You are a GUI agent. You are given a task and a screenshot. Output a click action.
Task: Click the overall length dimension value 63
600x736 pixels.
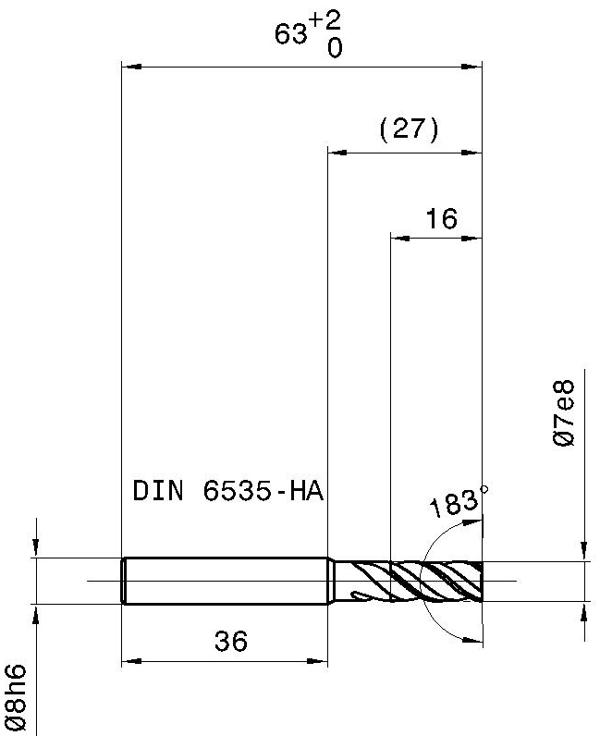[x=290, y=34]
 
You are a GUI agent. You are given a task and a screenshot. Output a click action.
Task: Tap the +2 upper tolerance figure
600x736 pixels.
[x=325, y=21]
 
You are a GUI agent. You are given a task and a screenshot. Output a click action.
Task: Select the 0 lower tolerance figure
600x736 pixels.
[x=335, y=47]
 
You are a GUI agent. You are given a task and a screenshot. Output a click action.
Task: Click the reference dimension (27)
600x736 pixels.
[x=409, y=129]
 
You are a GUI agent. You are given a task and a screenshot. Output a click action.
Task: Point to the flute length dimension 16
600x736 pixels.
[x=441, y=219]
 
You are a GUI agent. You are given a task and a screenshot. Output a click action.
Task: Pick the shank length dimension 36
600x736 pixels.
[x=230, y=641]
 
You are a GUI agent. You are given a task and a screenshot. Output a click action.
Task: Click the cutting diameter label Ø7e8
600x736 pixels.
[x=563, y=413]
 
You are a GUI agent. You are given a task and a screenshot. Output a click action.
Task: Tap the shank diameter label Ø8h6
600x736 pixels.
[x=14, y=697]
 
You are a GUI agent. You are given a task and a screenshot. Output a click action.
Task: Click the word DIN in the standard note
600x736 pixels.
[x=158, y=491]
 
